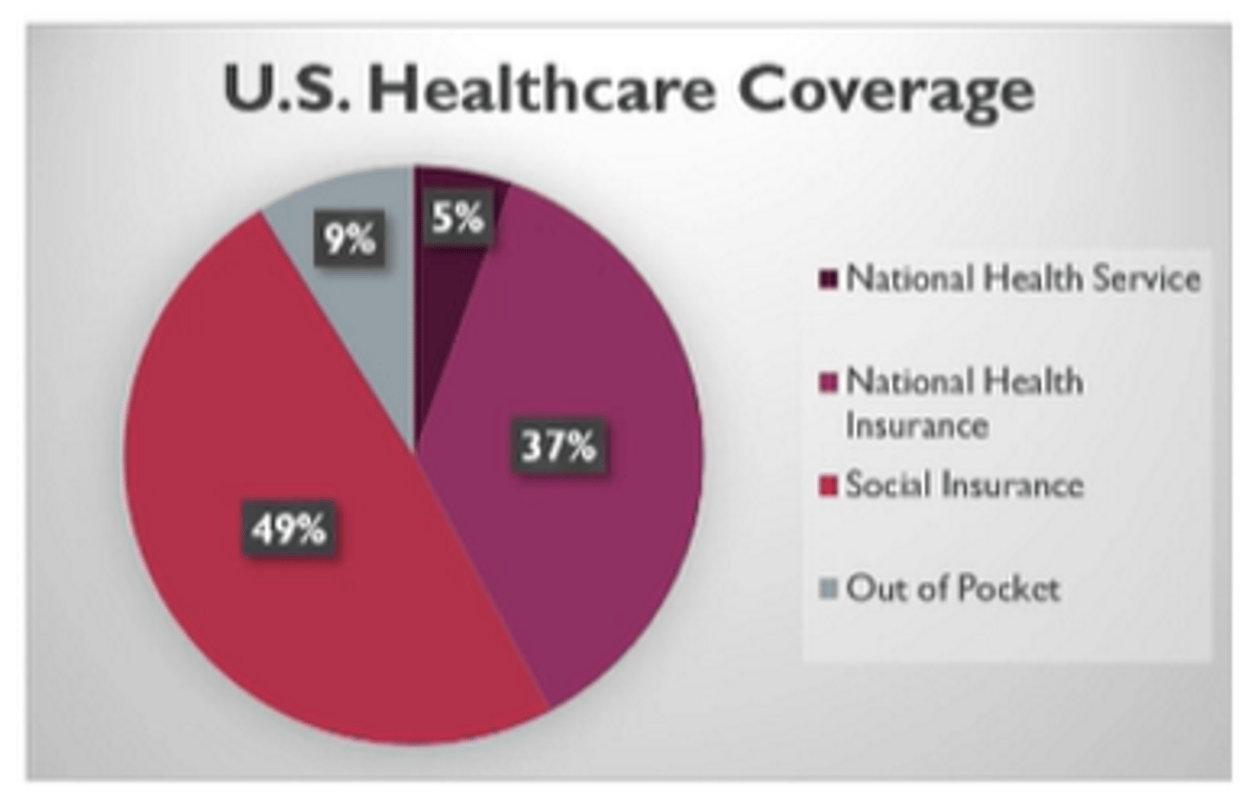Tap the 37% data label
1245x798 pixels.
coord(558,446)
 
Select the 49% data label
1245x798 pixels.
coord(289,527)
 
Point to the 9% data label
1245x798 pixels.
coord(349,239)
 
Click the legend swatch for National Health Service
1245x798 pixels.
coord(828,279)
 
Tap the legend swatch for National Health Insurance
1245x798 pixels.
coord(828,382)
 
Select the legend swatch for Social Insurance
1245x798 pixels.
coord(828,485)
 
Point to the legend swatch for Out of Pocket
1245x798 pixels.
coord(828,589)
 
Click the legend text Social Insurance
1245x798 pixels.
coord(964,485)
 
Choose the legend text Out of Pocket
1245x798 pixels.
coord(953,589)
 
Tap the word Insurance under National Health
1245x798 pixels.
coord(916,426)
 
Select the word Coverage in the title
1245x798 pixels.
coord(885,90)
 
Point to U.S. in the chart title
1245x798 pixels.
coord(286,90)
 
